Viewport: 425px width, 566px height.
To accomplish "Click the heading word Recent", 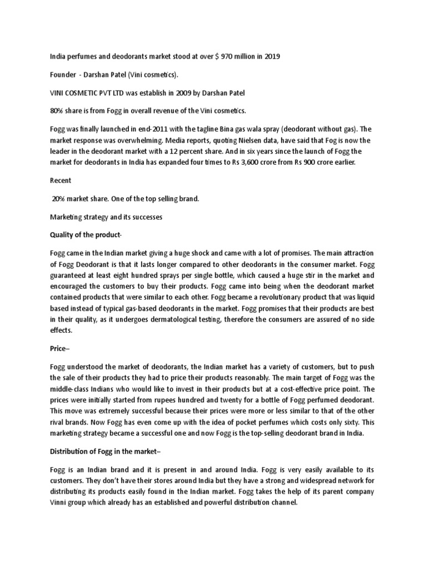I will [61, 181].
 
